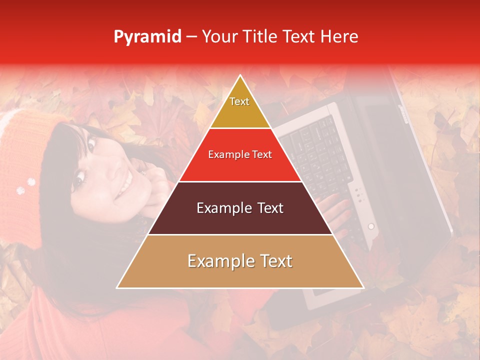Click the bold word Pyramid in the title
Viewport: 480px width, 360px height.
pyautogui.click(x=147, y=37)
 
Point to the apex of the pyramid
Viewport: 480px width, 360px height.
pyautogui.click(x=240, y=76)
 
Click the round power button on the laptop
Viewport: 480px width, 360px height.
pyautogui.click(x=371, y=226)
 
